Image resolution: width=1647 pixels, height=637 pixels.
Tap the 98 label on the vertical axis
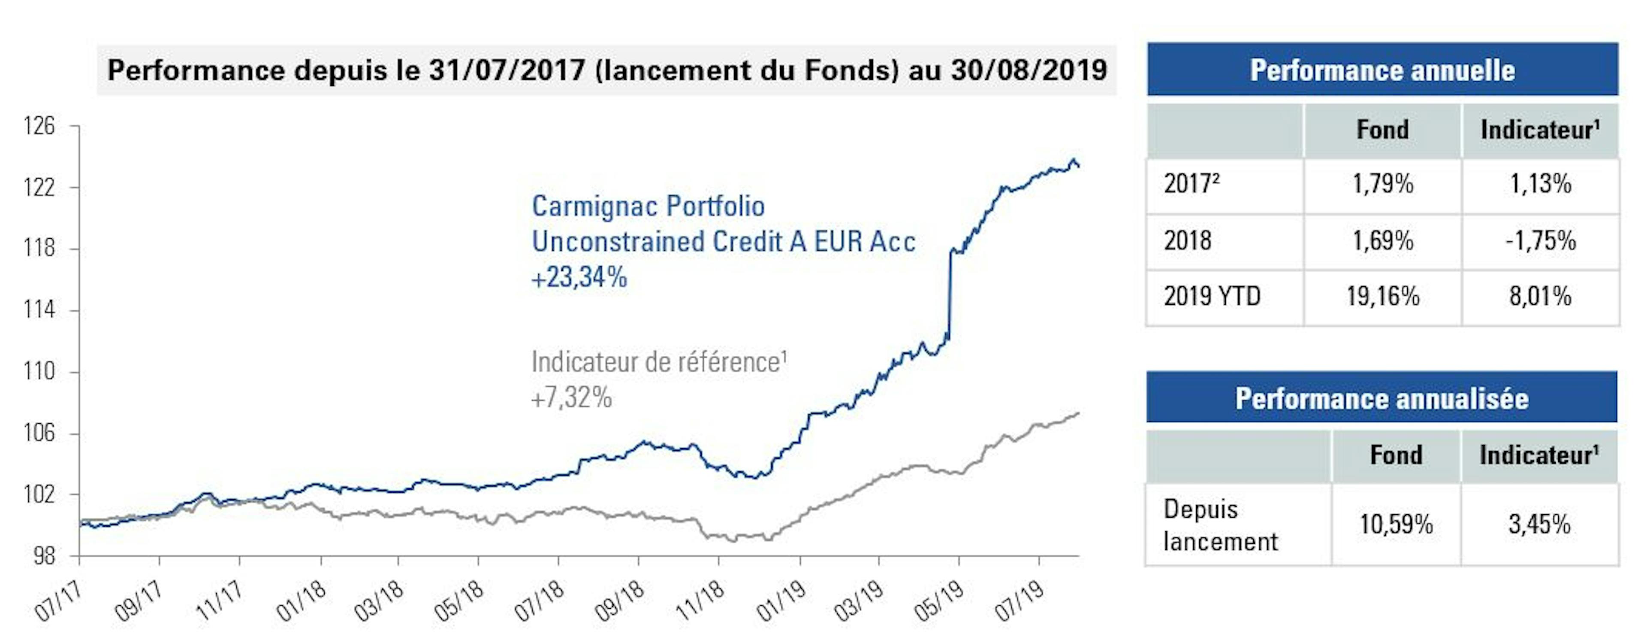[x=43, y=556]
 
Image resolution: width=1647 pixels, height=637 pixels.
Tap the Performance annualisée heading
[x=1381, y=398]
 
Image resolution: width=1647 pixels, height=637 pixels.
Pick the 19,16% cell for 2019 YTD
[x=1383, y=297]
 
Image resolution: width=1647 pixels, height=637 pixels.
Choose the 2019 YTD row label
[x=1212, y=297]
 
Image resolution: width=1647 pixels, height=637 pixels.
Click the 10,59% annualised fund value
[x=1396, y=525]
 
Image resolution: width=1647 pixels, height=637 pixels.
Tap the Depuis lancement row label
[x=1219, y=525]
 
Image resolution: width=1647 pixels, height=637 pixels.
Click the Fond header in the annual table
[x=1382, y=130]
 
